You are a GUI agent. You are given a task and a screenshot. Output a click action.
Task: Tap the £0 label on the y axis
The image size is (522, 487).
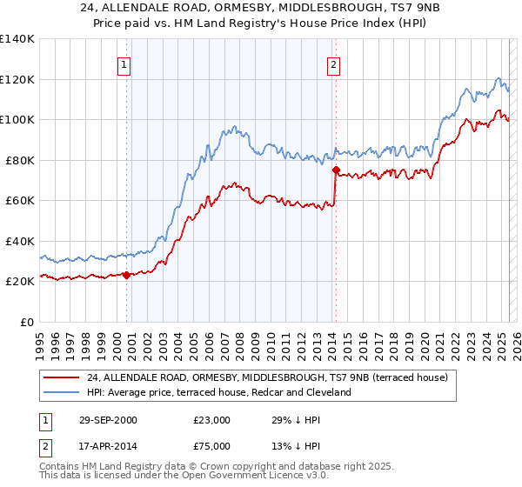(27, 322)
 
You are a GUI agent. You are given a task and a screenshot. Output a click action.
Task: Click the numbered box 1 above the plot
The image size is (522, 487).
(124, 63)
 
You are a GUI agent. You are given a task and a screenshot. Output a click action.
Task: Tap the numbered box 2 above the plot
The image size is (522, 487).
(334, 63)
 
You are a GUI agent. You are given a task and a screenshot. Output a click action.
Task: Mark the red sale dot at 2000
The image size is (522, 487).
(126, 275)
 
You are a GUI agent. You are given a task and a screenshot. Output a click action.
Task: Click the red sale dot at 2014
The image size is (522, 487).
(335, 170)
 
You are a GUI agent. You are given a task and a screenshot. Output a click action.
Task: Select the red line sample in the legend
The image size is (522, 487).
(62, 377)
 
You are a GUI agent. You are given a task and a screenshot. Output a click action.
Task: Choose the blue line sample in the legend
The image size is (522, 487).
(62, 392)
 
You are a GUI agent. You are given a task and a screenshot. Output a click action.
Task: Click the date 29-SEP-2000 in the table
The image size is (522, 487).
(107, 420)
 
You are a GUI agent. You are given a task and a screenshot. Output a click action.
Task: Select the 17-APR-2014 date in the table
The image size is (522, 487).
(107, 446)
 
